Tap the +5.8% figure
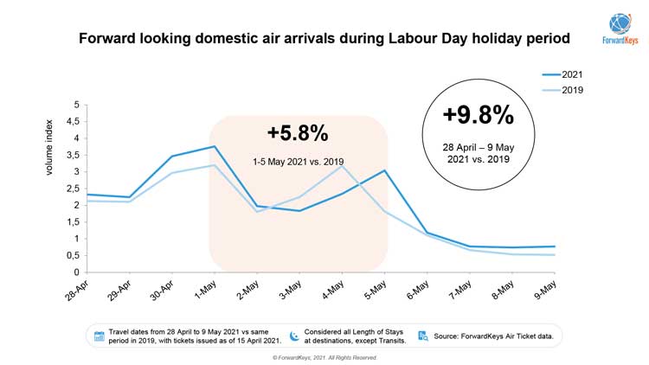pos(297,133)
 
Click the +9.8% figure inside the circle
pos(478,115)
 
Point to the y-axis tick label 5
pos(76,105)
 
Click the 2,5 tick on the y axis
pos(73,189)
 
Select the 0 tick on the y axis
pos(76,272)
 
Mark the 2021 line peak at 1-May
pos(214,146)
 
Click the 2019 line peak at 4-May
pos(342,165)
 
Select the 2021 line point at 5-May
pos(384,170)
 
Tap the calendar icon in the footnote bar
pos(100,336)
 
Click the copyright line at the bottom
pos(324,357)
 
